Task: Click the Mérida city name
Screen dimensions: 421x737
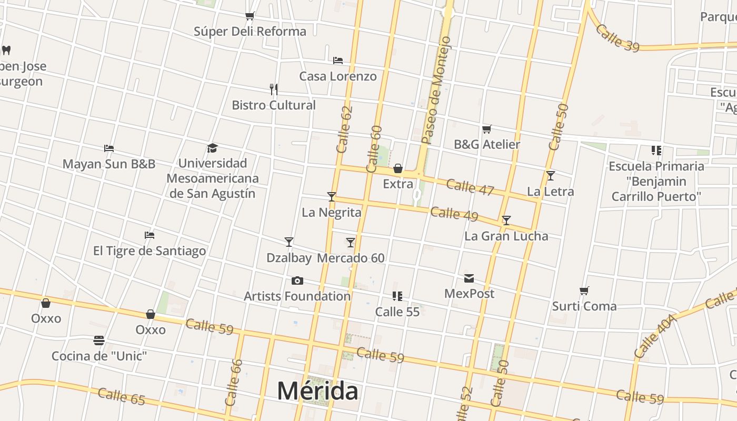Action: tap(317, 391)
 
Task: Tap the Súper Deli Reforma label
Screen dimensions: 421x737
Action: tap(250, 32)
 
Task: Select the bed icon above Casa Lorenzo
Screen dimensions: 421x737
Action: tap(338, 61)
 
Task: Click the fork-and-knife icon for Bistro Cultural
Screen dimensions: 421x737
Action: tap(274, 89)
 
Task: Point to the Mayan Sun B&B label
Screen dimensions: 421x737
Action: tap(109, 164)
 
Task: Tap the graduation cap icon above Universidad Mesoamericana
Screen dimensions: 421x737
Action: tap(212, 148)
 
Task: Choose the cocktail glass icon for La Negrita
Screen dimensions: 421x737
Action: tap(331, 197)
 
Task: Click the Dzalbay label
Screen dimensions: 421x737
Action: tap(289, 258)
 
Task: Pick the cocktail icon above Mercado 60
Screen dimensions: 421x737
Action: tap(351, 243)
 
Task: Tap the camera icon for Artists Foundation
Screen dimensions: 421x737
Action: tap(297, 280)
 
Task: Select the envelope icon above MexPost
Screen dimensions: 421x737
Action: tap(469, 278)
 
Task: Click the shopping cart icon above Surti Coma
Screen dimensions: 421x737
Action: tap(584, 290)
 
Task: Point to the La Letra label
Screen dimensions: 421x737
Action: tap(550, 192)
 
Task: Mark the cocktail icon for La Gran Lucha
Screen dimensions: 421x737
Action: tap(506, 220)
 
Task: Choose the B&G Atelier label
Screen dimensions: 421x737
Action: tap(487, 144)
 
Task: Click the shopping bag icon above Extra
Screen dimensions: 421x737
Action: tap(398, 168)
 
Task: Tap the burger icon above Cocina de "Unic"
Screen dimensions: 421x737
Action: tap(99, 340)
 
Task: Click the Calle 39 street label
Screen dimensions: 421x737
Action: tap(618, 38)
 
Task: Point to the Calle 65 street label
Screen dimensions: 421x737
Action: tap(121, 396)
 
